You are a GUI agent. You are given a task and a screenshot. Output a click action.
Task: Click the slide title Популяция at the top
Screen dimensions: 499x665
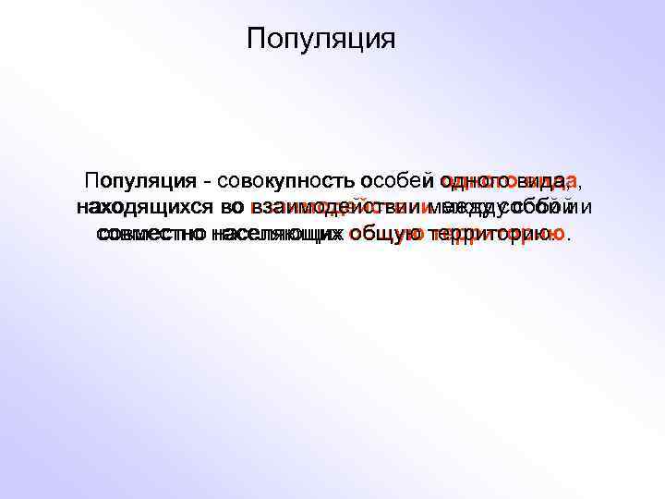tap(321, 40)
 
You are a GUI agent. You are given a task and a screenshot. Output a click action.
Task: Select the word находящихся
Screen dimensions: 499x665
tap(143, 208)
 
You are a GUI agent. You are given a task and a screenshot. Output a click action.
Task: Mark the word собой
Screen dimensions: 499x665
tap(540, 208)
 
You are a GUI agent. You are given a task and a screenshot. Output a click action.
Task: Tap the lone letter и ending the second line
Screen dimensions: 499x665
tap(586, 208)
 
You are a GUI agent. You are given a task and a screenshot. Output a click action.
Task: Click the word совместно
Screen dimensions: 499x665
tap(151, 235)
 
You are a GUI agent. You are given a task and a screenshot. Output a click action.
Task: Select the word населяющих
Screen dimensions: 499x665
tap(275, 235)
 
